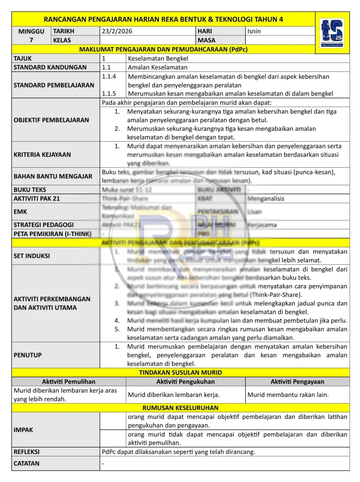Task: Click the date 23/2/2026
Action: click(117, 31)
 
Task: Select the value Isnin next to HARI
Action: click(254, 31)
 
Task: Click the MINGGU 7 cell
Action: click(31, 36)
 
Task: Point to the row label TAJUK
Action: click(23, 58)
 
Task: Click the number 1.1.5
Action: click(109, 94)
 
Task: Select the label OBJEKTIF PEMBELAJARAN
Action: click(51, 120)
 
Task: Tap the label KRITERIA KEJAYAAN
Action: click(42, 154)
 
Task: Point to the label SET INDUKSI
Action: click(32, 256)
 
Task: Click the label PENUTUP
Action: click(28, 355)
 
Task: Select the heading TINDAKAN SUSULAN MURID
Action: click(180, 373)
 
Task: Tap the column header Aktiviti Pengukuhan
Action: click(185, 382)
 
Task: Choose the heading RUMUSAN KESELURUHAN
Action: click(180, 408)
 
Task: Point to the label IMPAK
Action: click(23, 430)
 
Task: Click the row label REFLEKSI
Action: click(27, 451)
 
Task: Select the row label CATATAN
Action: click(27, 464)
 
